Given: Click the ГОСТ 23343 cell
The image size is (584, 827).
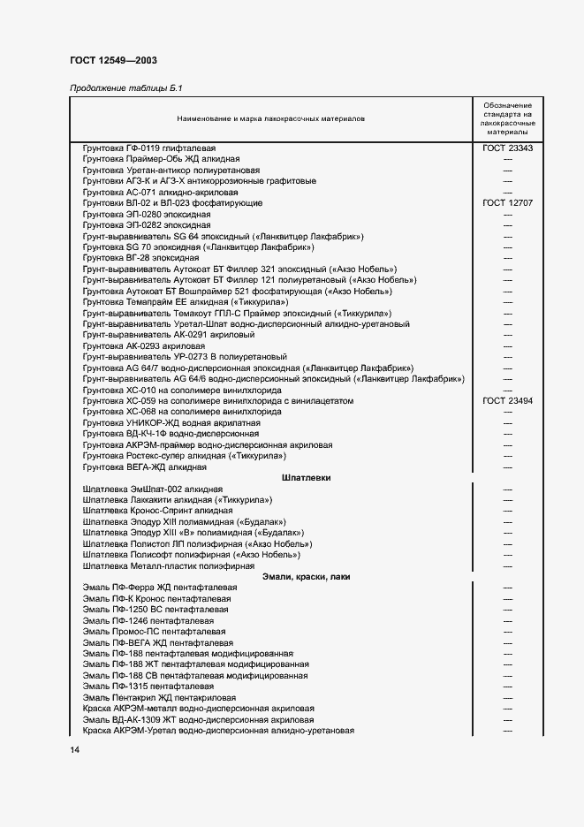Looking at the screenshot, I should [x=507, y=148].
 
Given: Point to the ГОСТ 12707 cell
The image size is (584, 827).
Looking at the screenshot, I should [x=507, y=202].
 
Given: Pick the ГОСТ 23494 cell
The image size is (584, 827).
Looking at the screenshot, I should [x=507, y=400].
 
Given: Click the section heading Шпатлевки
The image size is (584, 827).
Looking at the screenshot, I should [x=306, y=477].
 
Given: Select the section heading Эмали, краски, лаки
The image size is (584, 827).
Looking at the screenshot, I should [x=306, y=576].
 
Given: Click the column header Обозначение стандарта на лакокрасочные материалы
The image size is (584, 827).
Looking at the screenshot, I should [x=507, y=118].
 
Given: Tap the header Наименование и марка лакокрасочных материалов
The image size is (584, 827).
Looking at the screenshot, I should [x=270, y=118].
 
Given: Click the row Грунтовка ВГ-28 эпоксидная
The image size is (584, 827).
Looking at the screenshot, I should [x=134, y=257].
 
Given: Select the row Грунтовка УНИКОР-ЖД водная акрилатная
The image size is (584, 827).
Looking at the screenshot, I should [x=159, y=422].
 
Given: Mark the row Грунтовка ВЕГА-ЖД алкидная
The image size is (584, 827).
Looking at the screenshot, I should [x=144, y=467].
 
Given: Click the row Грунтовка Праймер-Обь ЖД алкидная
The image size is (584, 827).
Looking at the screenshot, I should [x=148, y=158].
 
